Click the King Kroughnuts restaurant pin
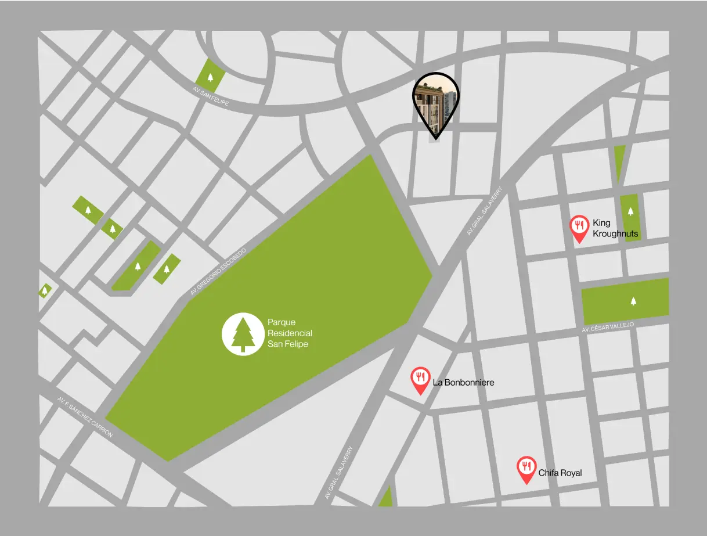coord(579,227)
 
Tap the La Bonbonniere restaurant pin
coord(420,380)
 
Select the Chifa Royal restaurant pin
coord(526,469)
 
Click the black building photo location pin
coord(435,103)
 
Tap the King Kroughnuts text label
coord(615,228)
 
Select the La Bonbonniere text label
coord(463,382)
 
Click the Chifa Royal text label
coord(560,473)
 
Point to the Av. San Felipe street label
coord(211,97)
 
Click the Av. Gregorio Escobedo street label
coord(218,272)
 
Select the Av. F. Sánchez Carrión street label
coord(85,416)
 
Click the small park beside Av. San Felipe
coord(210,75)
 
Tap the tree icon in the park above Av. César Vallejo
coord(633,301)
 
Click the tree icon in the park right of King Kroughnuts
coord(630,211)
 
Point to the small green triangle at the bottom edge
coord(386,498)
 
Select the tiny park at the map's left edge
coord(45,290)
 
